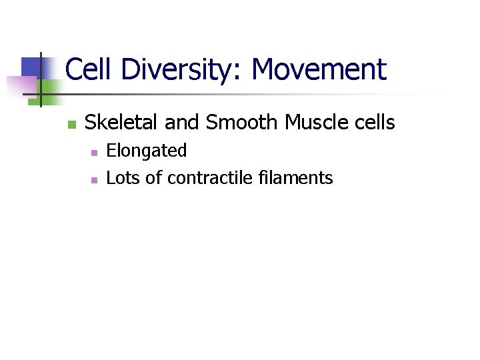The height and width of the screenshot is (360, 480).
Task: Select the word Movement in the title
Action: [319, 69]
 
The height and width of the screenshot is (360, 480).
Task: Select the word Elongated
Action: [147, 151]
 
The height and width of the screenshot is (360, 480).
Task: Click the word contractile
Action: [203, 178]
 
